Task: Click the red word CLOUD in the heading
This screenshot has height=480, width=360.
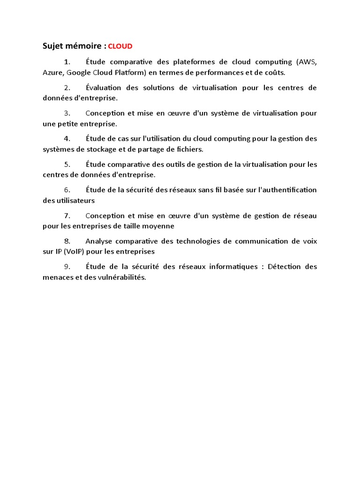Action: [x=120, y=46]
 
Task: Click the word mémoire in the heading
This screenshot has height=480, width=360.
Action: [x=83, y=46]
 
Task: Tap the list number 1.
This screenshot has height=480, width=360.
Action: [x=67, y=62]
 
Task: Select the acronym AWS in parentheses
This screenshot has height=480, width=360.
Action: [x=307, y=62]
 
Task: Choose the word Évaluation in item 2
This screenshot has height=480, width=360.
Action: [x=104, y=88]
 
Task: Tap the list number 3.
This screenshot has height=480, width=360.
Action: [x=67, y=113]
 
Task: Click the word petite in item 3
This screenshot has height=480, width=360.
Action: [x=69, y=124]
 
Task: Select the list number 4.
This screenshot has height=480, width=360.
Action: [x=67, y=139]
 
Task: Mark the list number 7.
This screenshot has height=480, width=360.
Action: [x=67, y=216]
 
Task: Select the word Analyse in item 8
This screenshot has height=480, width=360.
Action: [x=99, y=241]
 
